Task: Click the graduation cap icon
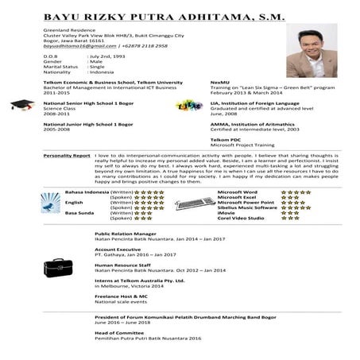(x=21, y=106)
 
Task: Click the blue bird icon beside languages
(x=52, y=207)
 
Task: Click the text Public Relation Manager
(x=126, y=234)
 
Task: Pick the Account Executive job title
(x=117, y=249)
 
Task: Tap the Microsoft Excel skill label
(x=237, y=197)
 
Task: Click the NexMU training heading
(x=219, y=82)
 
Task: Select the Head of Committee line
(x=119, y=333)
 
